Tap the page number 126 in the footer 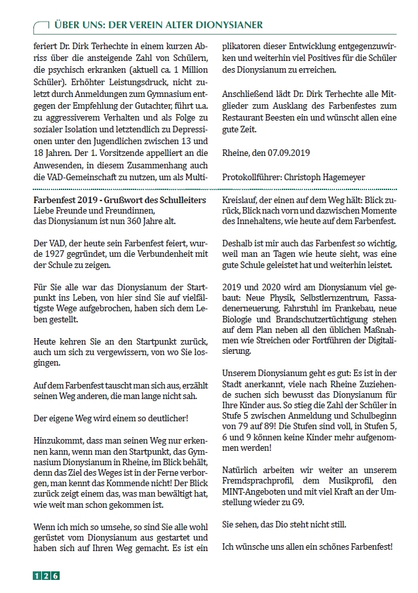tap(47, 576)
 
